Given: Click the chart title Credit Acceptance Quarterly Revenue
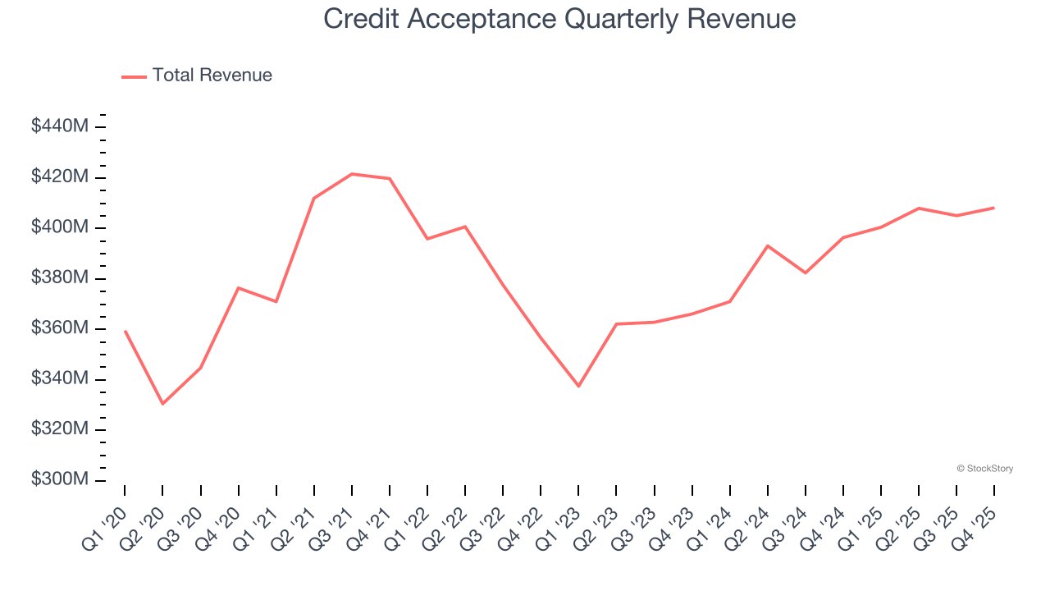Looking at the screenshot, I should pyautogui.click(x=559, y=18).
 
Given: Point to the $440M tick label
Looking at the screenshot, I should pyautogui.click(x=60, y=126).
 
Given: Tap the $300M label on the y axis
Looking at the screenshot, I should pyautogui.click(x=60, y=479).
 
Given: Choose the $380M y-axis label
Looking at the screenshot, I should pyautogui.click(x=60, y=277).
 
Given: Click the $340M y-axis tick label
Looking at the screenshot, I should pyautogui.click(x=60, y=378).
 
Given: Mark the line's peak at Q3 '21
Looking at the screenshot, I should pyautogui.click(x=351, y=174).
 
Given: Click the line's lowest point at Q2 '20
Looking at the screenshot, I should pyautogui.click(x=162, y=404).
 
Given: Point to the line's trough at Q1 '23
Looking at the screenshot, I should pyautogui.click(x=578, y=386).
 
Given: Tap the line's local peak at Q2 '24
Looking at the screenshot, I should pyautogui.click(x=768, y=245).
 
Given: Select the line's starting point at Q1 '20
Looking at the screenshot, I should pyautogui.click(x=125, y=331).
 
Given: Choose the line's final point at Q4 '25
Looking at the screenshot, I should pyautogui.click(x=994, y=208).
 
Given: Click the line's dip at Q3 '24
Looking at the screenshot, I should pyautogui.click(x=806, y=273).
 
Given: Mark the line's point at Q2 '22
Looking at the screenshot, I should pyautogui.click(x=465, y=227).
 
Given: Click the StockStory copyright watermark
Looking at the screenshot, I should pyautogui.click(x=984, y=469).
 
